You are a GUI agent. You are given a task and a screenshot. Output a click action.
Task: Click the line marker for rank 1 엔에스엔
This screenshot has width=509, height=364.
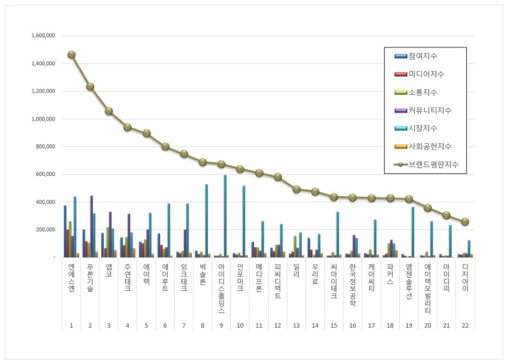point(72,55)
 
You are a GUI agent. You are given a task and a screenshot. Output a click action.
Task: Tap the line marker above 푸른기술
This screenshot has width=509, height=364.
point(90,86)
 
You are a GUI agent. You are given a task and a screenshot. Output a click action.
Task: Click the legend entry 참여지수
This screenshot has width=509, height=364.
point(423,56)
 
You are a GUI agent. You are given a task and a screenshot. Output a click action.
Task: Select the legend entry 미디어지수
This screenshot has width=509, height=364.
point(426,74)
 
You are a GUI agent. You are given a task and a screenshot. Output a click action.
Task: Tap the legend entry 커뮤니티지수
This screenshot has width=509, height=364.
point(429,110)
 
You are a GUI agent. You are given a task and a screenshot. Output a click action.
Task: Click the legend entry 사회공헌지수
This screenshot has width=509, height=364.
point(429,146)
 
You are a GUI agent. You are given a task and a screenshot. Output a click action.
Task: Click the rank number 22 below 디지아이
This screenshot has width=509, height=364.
point(464,325)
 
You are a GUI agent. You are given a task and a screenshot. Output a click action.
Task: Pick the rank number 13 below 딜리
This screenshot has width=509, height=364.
point(296,325)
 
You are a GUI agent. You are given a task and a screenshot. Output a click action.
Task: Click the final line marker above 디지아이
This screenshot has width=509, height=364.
point(464,222)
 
